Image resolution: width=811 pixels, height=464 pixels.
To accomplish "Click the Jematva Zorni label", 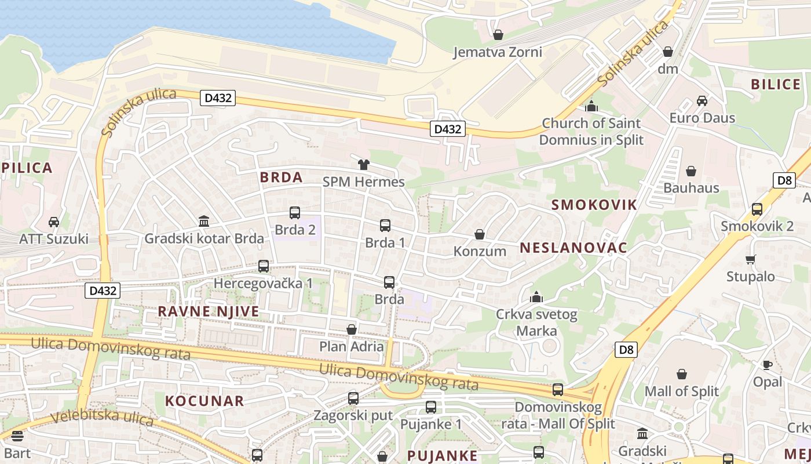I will tap(497, 52).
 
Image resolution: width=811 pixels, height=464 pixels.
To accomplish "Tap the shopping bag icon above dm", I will tap(667, 52).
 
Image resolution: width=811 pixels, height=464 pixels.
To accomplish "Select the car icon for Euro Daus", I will tap(702, 100).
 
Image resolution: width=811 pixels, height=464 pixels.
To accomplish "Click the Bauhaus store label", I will tap(691, 188).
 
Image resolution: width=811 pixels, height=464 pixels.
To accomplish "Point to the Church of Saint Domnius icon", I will tap(591, 106).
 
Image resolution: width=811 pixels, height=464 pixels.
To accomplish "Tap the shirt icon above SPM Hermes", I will tap(363, 165).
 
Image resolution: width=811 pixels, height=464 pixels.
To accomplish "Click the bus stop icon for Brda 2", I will tap(295, 213).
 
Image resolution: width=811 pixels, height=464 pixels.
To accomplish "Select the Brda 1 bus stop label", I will tap(385, 242).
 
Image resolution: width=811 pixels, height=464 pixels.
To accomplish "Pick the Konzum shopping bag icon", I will tap(479, 234).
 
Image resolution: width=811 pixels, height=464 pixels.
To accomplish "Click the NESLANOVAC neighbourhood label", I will tap(573, 248).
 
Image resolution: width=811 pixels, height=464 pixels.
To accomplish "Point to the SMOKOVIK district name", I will tap(594, 204).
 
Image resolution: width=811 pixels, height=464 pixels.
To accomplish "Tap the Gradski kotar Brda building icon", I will tap(204, 221).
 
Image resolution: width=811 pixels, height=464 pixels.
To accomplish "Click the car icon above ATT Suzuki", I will tap(54, 222).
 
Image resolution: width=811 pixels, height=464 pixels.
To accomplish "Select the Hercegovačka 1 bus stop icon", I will tap(264, 266).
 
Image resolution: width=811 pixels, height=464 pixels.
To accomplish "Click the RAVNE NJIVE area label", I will tap(209, 311).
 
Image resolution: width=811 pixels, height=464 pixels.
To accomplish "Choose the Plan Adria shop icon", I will tap(351, 329).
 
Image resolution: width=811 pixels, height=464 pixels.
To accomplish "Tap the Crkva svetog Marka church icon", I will tap(536, 298).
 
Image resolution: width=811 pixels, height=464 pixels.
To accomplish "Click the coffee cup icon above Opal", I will tap(767, 365).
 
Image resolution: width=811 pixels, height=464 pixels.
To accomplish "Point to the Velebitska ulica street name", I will tap(101, 417).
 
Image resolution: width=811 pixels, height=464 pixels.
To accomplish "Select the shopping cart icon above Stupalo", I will tap(750, 259).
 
